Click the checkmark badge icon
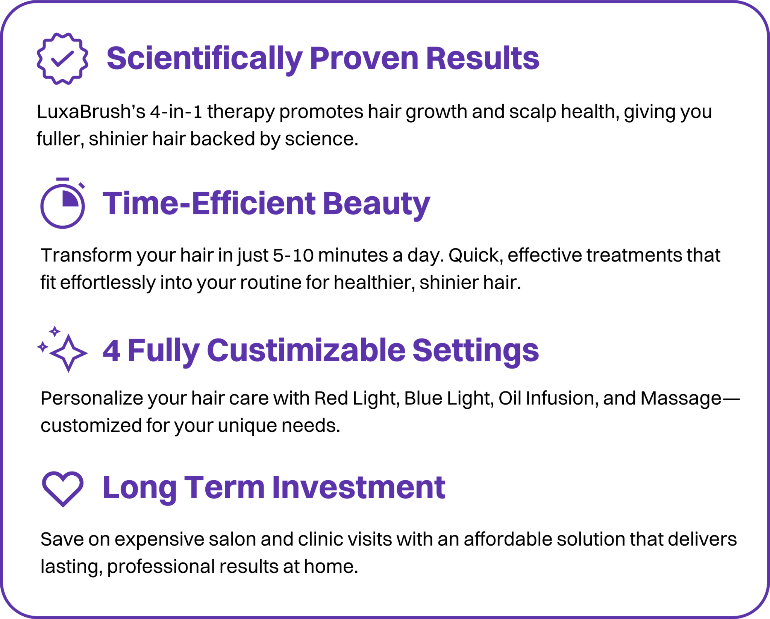(x=62, y=59)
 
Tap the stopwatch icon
(x=62, y=204)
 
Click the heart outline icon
(x=62, y=488)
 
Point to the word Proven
(x=364, y=59)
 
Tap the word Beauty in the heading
(x=376, y=203)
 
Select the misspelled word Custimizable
(x=306, y=350)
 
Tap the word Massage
(x=681, y=398)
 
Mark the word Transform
(x=86, y=255)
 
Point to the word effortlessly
(x=108, y=283)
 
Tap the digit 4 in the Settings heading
(x=111, y=351)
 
